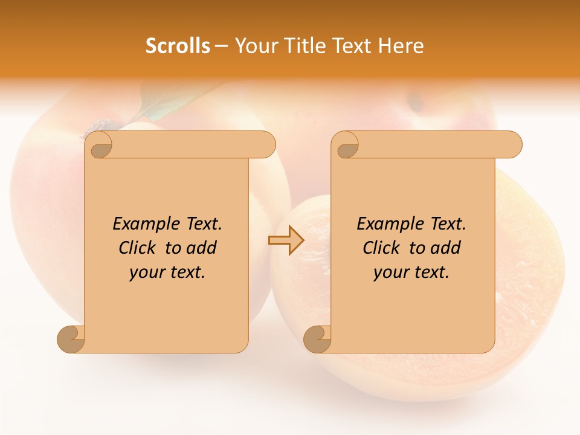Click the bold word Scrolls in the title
[x=178, y=46]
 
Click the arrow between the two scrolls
[x=286, y=240]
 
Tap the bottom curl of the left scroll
[x=71, y=338]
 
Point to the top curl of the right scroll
[x=347, y=146]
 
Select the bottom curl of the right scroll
[x=317, y=338]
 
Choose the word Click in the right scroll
[x=382, y=248]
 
